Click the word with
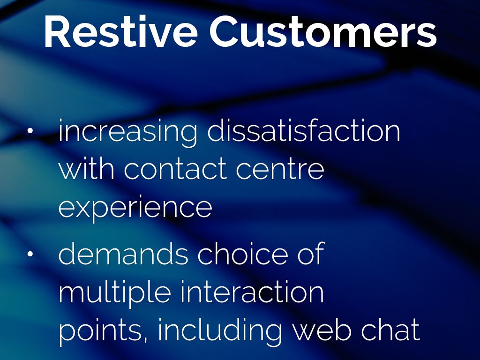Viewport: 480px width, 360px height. click(x=87, y=168)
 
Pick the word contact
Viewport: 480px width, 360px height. click(x=176, y=169)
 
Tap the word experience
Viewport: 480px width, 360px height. click(x=135, y=208)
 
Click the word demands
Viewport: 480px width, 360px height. click(x=123, y=253)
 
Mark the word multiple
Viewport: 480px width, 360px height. click(x=114, y=293)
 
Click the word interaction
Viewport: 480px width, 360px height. click(x=252, y=291)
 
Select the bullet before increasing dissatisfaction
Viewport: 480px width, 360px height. click(x=30, y=130)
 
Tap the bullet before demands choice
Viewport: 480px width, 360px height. click(x=30, y=254)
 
